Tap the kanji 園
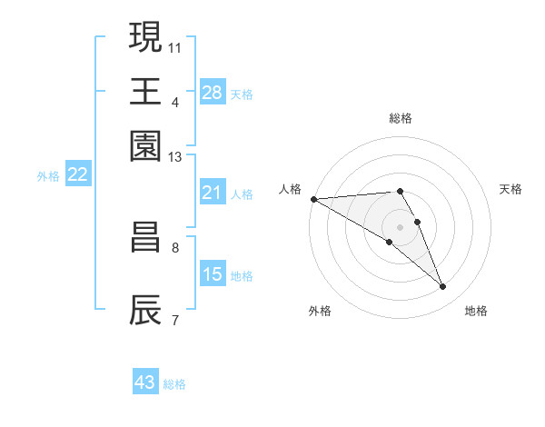coord(146,145)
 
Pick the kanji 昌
coord(146,237)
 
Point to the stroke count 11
coord(176,46)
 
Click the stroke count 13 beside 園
coord(175,157)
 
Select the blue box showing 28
coord(213,92)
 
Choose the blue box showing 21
coord(213,193)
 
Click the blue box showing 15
coord(213,274)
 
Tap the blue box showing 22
coord(77,175)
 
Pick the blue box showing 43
coord(145,382)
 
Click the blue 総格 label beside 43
coord(174,384)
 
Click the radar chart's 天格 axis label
coord(510,189)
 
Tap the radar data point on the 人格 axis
coord(313,199)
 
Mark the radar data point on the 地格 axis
coord(443,287)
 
